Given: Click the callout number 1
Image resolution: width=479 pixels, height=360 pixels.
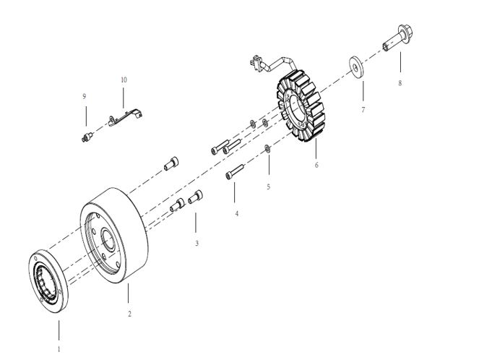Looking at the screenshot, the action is point(59,348).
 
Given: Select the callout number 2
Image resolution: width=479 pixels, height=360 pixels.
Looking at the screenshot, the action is point(129,314).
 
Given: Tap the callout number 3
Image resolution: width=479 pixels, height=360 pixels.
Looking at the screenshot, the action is point(197,244).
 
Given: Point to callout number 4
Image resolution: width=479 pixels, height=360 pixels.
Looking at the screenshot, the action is point(237,214).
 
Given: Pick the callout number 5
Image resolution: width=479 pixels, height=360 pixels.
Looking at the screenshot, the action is point(268,187).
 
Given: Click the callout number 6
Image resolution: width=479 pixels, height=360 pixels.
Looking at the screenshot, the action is point(316,165).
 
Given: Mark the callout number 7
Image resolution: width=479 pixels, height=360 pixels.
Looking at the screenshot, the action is point(363,109).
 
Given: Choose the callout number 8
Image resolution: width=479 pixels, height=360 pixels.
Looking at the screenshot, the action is point(400,83).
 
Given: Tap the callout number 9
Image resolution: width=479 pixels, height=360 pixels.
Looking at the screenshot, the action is point(85,96).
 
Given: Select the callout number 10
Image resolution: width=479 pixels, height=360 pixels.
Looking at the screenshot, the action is point(124,80).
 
